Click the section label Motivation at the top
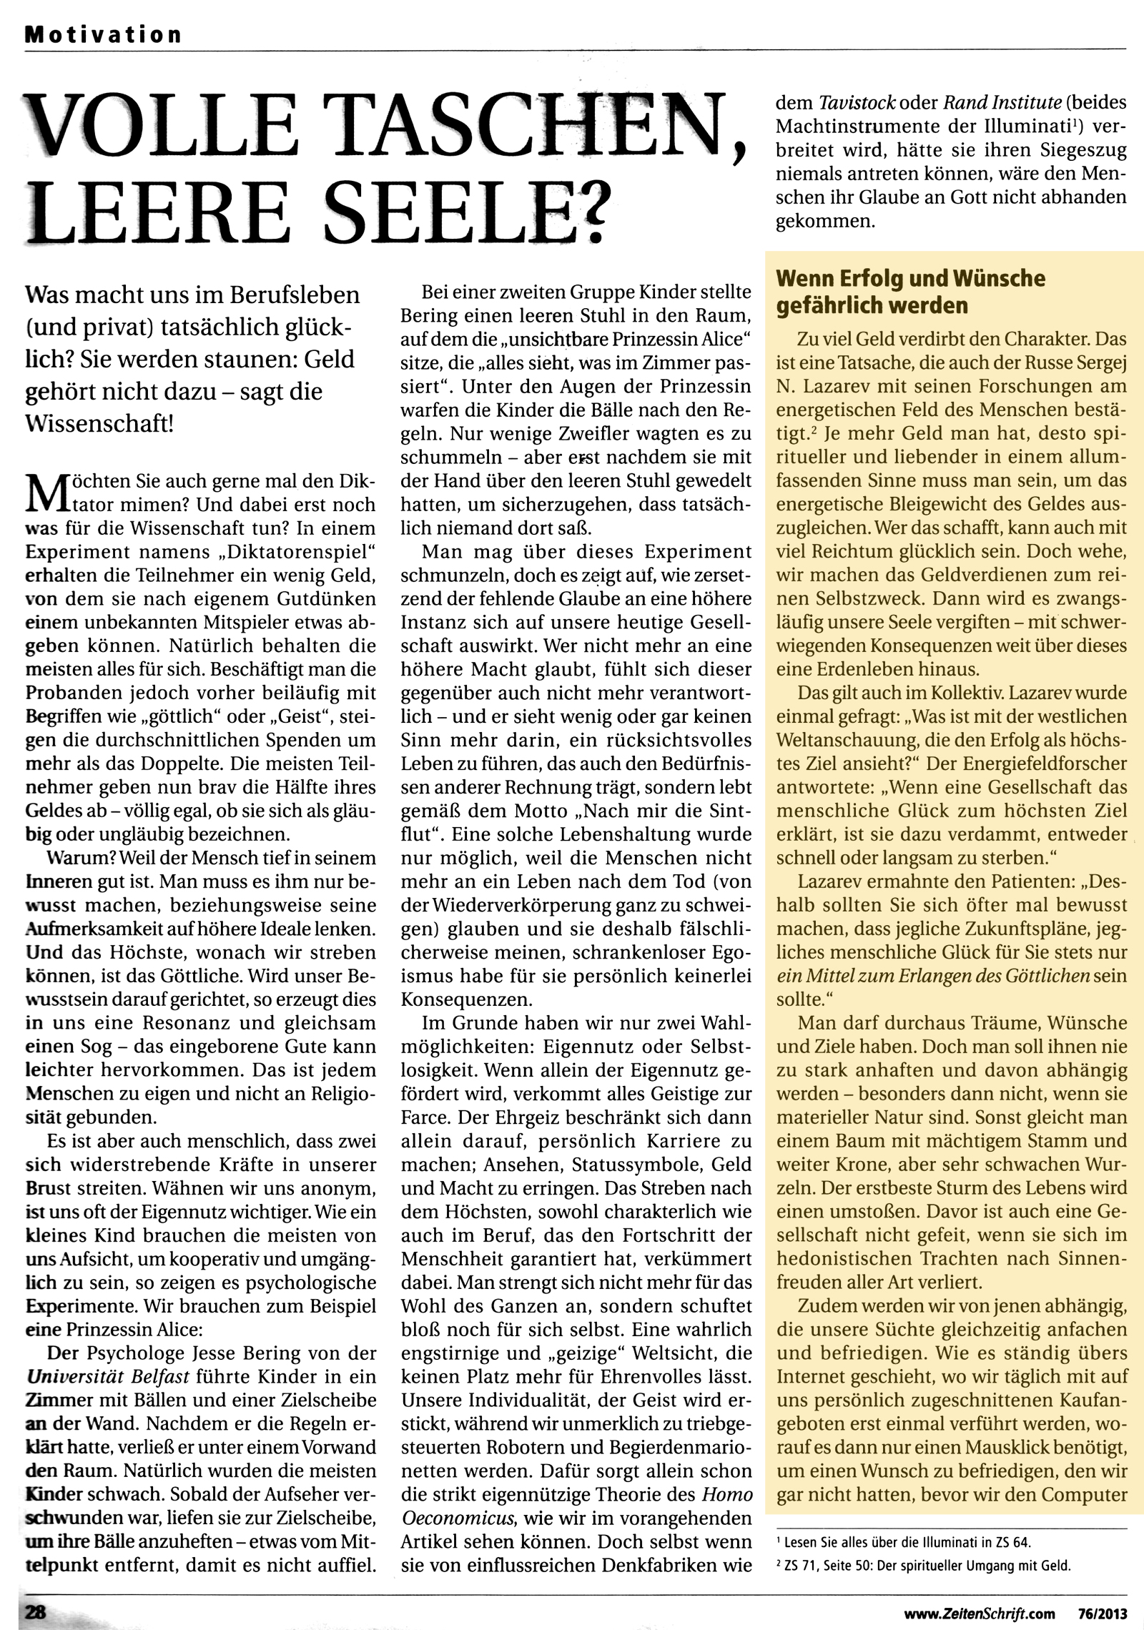[x=103, y=34]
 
